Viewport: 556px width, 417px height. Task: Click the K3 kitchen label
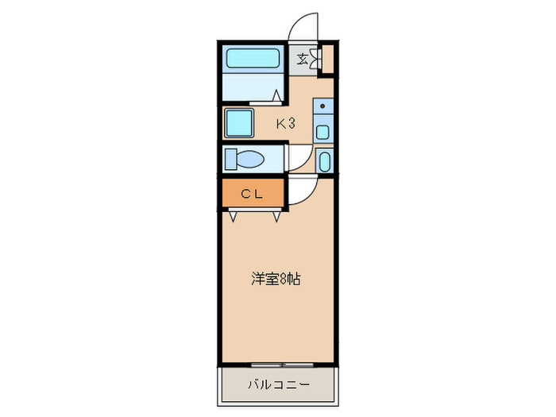click(286, 123)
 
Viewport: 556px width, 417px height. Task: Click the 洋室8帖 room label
click(276, 279)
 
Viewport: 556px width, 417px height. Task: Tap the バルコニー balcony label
click(277, 385)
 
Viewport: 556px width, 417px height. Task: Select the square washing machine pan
click(239, 124)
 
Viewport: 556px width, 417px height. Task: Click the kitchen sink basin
click(323, 131)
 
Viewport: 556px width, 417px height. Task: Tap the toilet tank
click(230, 159)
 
